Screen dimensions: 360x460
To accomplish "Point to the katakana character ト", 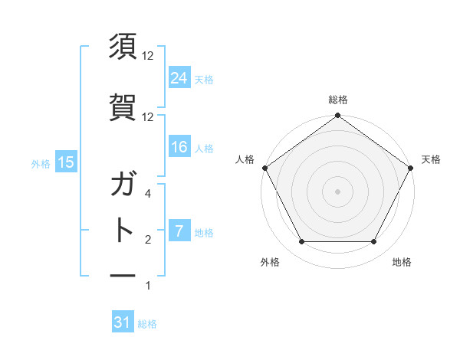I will pos(123,228).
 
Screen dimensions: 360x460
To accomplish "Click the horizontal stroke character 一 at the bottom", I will pos(123,274).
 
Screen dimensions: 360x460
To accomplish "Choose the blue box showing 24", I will pos(179,77).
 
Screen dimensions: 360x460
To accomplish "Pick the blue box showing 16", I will pos(179,147).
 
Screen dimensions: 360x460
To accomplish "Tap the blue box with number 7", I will pos(179,231).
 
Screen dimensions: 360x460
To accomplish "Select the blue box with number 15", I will pos(65,162).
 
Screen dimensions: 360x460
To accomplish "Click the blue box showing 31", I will pos(123,323).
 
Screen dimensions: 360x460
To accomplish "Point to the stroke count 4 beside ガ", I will pos(148,195).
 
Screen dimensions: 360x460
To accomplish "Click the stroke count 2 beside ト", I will pos(148,240).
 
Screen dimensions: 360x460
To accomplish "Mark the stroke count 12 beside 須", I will pos(148,56).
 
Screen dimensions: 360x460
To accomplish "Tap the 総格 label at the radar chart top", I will pos(338,100).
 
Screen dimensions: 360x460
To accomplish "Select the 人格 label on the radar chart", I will pos(245,159).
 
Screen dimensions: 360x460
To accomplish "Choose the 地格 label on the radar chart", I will pos(402,262).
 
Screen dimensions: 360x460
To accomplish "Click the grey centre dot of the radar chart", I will pos(337,191).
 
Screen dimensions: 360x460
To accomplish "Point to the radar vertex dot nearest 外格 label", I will pos(301,242).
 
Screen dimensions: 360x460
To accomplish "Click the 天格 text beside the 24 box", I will pos(204,79).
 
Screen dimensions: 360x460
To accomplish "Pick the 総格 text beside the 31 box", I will pos(147,324).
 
